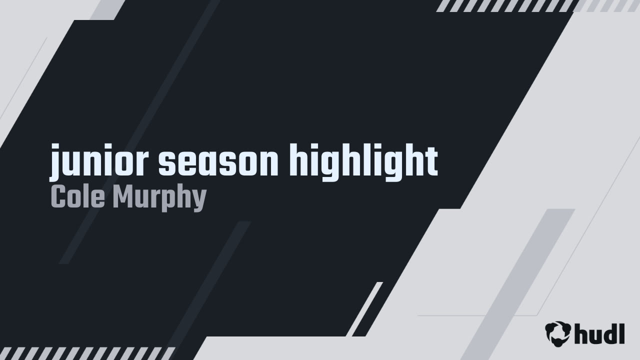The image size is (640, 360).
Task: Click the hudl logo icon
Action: [x=557, y=333]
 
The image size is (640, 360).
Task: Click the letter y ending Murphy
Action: [x=199, y=200]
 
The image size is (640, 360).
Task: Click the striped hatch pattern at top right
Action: [x=505, y=5]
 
